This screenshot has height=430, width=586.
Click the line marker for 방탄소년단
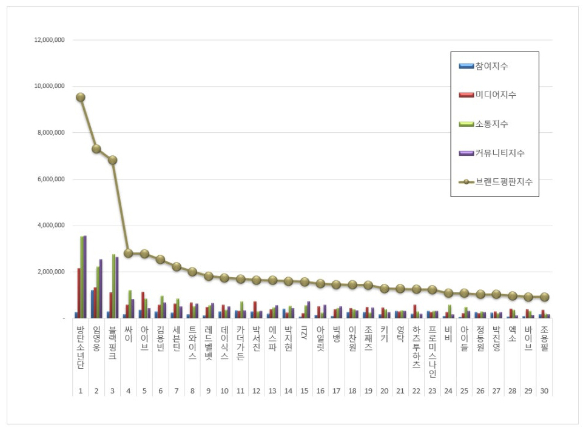[80, 97]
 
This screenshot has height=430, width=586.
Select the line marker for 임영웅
[96, 149]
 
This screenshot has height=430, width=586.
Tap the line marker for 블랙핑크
[112, 160]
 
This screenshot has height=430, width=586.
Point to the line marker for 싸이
[128, 253]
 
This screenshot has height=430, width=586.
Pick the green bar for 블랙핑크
[113, 286]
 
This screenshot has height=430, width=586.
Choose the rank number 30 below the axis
[544, 392]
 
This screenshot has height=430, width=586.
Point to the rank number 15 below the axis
[304, 392]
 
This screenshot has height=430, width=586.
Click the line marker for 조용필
[544, 297]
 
